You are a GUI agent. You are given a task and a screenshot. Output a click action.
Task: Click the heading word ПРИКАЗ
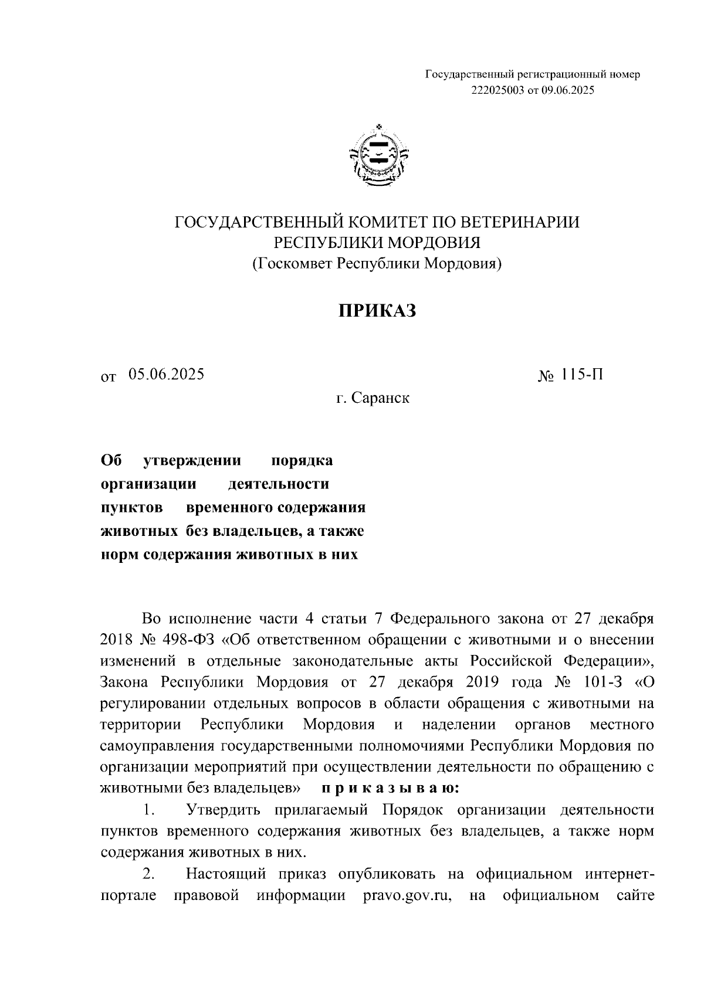coord(377,311)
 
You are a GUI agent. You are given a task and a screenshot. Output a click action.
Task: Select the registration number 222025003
coord(492,90)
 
